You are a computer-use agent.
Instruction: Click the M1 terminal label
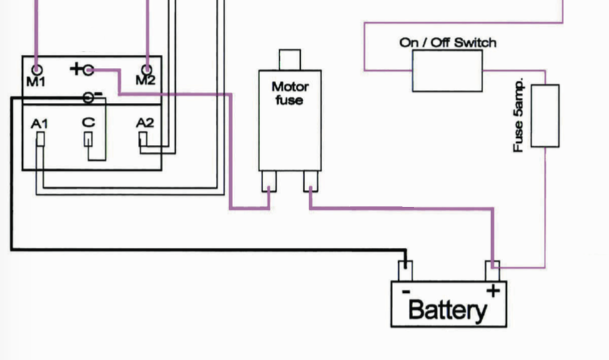[x=36, y=81]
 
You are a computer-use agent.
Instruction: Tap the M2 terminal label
[x=145, y=81]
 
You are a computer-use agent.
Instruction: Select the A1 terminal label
[x=41, y=123]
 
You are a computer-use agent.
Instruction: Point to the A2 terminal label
[x=145, y=123]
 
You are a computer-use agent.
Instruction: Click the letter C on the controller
[x=88, y=123]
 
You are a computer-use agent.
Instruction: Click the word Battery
[x=447, y=309]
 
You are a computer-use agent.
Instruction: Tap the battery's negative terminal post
[x=405, y=271]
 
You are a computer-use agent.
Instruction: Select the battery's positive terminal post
[x=493, y=271]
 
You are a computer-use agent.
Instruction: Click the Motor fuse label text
[x=289, y=94]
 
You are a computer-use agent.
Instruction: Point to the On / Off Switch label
[x=447, y=43]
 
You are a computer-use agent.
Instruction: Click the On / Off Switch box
[x=447, y=71]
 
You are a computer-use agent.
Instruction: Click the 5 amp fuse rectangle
[x=546, y=116]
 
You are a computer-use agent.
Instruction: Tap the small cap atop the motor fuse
[x=289, y=59]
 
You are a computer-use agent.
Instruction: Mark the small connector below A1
[x=41, y=139]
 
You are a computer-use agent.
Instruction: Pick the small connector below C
[x=88, y=139]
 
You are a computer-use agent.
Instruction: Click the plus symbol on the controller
[x=75, y=69]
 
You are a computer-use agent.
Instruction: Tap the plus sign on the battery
[x=492, y=291]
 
